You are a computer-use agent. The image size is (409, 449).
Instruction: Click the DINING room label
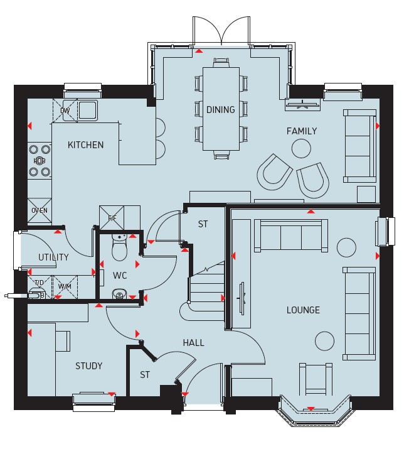221,110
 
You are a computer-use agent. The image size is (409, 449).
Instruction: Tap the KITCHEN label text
85,145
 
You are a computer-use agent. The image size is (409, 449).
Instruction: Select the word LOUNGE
303,310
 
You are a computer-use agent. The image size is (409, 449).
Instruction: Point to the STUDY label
88,366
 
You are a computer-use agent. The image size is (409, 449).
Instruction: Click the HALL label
194,343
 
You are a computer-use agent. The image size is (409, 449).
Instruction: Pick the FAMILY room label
302,131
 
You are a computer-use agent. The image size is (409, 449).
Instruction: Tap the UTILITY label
53,257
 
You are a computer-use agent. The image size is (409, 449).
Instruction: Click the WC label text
120,276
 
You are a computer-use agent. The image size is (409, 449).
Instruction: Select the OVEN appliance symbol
40,210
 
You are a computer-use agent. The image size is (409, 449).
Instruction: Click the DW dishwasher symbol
65,111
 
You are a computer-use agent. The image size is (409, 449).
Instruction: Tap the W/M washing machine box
65,286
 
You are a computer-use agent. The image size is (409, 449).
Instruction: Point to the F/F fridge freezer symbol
112,218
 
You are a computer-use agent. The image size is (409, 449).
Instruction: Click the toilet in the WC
119,247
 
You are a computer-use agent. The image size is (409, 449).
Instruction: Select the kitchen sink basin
88,111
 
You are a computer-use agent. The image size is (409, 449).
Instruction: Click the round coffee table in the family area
301,148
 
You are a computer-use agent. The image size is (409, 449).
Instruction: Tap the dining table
221,109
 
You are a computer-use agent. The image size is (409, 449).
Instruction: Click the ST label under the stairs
203,224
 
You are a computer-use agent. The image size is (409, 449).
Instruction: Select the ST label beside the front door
145,375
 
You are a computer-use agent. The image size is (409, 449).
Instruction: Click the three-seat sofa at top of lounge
291,235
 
